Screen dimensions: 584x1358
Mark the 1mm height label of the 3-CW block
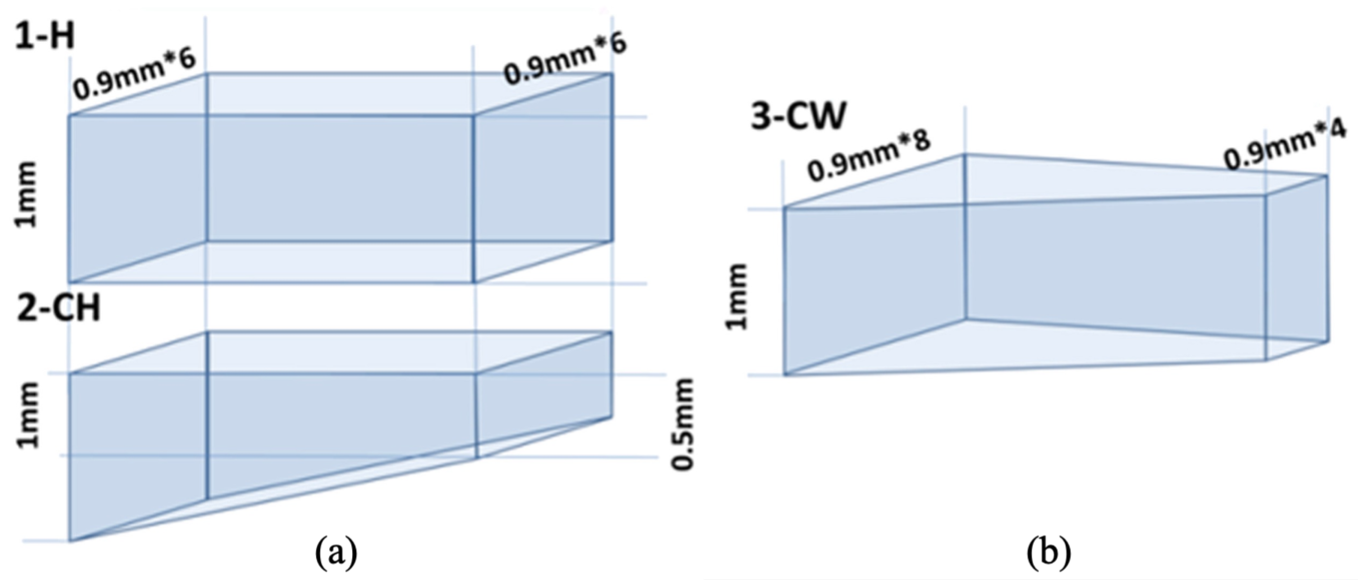coord(737,297)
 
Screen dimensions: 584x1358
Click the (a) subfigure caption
coord(336,552)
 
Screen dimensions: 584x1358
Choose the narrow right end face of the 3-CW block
coord(1296,269)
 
